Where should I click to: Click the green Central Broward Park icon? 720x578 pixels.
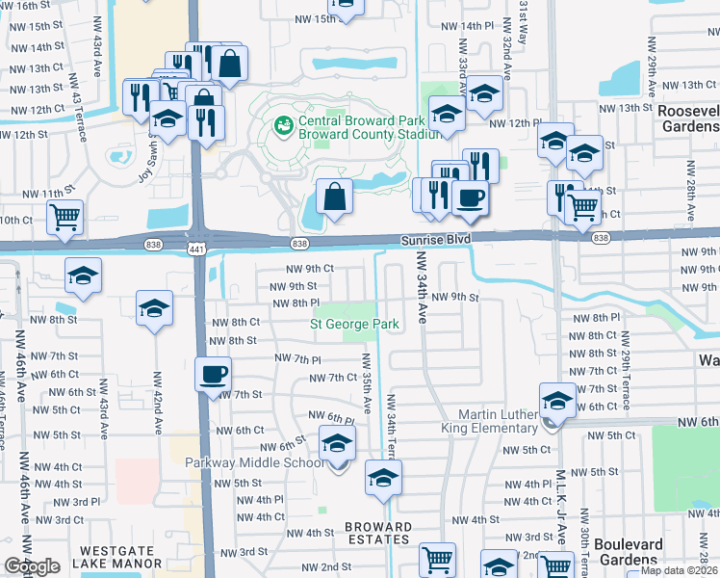tap(284, 124)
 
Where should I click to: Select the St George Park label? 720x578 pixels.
tap(354, 325)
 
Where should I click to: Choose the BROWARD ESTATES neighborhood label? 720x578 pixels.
tap(378, 534)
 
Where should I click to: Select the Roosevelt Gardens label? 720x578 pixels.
tap(687, 118)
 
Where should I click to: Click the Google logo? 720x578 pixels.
tap(32, 565)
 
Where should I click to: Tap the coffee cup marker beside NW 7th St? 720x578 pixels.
tap(212, 374)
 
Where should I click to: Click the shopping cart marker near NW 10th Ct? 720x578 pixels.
tap(64, 217)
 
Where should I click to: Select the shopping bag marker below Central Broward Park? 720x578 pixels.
tap(332, 198)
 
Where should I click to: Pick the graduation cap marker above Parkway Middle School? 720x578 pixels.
tap(337, 442)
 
